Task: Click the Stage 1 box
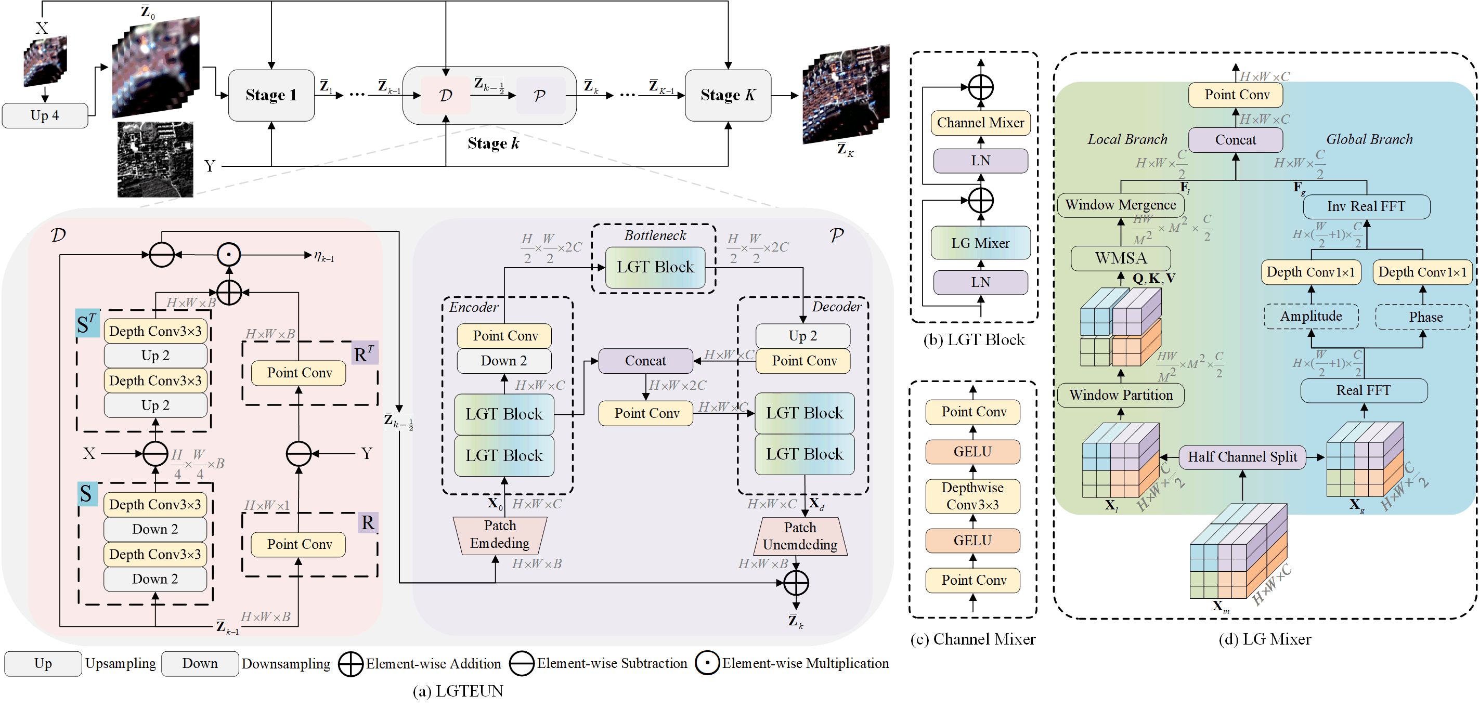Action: tap(271, 95)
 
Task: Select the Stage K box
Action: tap(728, 95)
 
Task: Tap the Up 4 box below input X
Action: tap(45, 115)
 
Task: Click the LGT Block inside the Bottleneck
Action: tap(655, 267)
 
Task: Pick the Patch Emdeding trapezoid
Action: tap(500, 535)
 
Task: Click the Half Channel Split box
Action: tap(1242, 457)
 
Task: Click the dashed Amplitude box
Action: tap(1312, 317)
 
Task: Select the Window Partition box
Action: tap(1121, 395)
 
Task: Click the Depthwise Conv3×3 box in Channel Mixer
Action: tap(972, 496)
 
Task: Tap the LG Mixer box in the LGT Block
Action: tap(981, 243)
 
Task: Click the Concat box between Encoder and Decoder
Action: tap(645, 361)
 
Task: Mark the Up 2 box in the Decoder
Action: tap(802, 336)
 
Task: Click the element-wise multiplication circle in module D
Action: tap(228, 254)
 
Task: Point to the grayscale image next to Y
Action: tap(155, 159)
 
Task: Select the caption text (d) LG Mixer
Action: tap(1265, 639)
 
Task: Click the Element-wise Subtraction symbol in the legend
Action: tap(522, 664)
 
